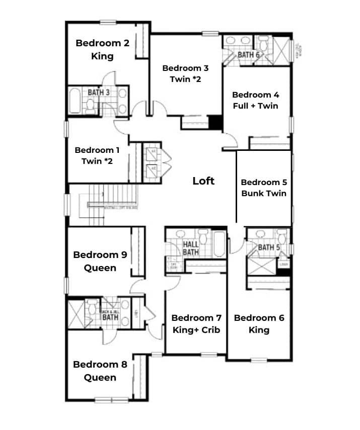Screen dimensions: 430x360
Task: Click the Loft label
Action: (x=203, y=181)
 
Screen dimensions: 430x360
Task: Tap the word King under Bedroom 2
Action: (x=102, y=56)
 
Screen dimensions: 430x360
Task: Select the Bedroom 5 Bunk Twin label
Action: (x=263, y=188)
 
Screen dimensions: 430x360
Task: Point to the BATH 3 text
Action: (x=99, y=93)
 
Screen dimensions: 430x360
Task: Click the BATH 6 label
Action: (x=249, y=54)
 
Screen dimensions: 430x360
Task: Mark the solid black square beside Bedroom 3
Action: (x=215, y=122)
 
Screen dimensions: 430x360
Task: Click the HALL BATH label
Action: (x=191, y=248)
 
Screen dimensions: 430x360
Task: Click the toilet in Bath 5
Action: (x=281, y=236)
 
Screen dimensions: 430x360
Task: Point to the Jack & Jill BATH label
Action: (x=110, y=314)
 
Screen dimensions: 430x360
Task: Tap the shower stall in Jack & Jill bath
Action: (x=76, y=314)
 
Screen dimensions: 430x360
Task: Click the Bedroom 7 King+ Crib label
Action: (x=196, y=324)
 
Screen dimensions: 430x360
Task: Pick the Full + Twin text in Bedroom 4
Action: (x=255, y=106)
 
